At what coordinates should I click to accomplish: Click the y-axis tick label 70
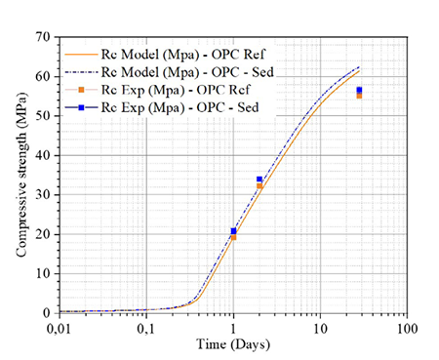click(x=42, y=37)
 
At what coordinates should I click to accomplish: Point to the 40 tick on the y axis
click(x=42, y=155)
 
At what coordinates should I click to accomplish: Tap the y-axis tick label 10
click(x=42, y=274)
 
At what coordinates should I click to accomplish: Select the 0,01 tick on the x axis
click(x=60, y=329)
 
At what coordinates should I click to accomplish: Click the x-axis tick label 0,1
click(x=146, y=329)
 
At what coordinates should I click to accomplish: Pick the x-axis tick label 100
click(x=407, y=329)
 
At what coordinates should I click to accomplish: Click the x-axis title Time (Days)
click(x=233, y=344)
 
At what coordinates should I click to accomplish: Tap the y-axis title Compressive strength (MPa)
click(x=21, y=175)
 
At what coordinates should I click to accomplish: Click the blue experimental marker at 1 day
click(x=233, y=231)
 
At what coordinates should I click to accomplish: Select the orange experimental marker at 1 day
click(x=233, y=237)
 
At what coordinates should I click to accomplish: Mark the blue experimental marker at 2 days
click(x=259, y=180)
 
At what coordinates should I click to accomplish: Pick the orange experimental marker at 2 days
click(x=259, y=186)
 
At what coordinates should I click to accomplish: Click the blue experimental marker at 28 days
click(x=359, y=90)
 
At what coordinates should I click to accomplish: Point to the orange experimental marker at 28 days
click(x=359, y=96)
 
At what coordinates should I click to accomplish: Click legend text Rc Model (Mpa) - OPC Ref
click(x=183, y=55)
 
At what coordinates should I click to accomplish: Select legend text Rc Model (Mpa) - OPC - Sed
click(x=187, y=72)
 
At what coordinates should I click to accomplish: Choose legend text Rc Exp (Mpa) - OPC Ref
click(x=176, y=90)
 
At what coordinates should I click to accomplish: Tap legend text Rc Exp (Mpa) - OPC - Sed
click(x=180, y=107)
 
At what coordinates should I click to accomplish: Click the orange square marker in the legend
click(x=81, y=90)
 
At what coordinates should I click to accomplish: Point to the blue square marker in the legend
click(x=81, y=107)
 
